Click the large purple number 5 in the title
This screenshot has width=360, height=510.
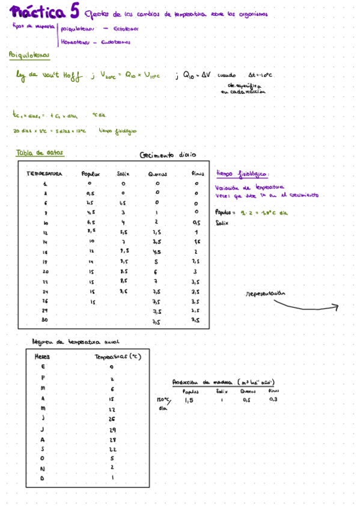73,11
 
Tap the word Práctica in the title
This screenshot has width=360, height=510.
37,12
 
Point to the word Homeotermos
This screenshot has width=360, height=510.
75,41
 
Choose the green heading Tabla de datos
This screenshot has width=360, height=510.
39,152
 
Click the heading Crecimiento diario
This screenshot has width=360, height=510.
167,155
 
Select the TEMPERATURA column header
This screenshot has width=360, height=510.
44,174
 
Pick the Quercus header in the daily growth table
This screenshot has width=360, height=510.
157,174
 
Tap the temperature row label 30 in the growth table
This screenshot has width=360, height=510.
45,321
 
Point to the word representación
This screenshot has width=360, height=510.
265,294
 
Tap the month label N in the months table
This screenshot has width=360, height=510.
43,467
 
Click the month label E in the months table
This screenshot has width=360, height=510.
43,366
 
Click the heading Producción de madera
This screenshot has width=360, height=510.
198,382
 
